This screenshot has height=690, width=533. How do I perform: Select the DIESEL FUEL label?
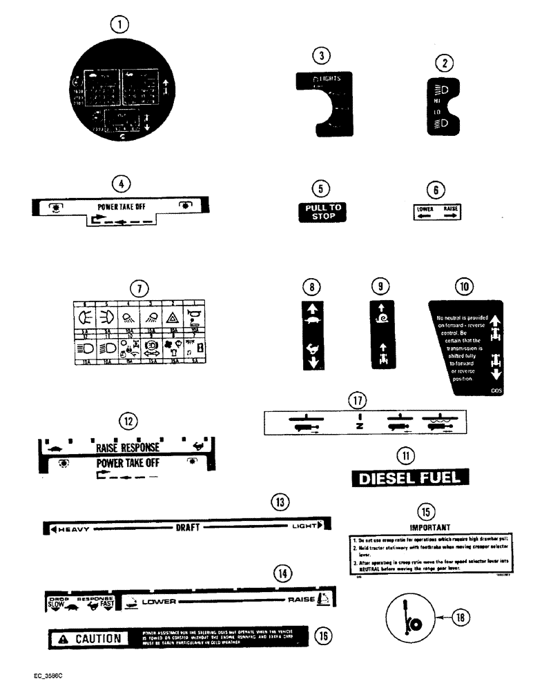point(410,478)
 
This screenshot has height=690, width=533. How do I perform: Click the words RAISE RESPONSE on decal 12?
point(128,447)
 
